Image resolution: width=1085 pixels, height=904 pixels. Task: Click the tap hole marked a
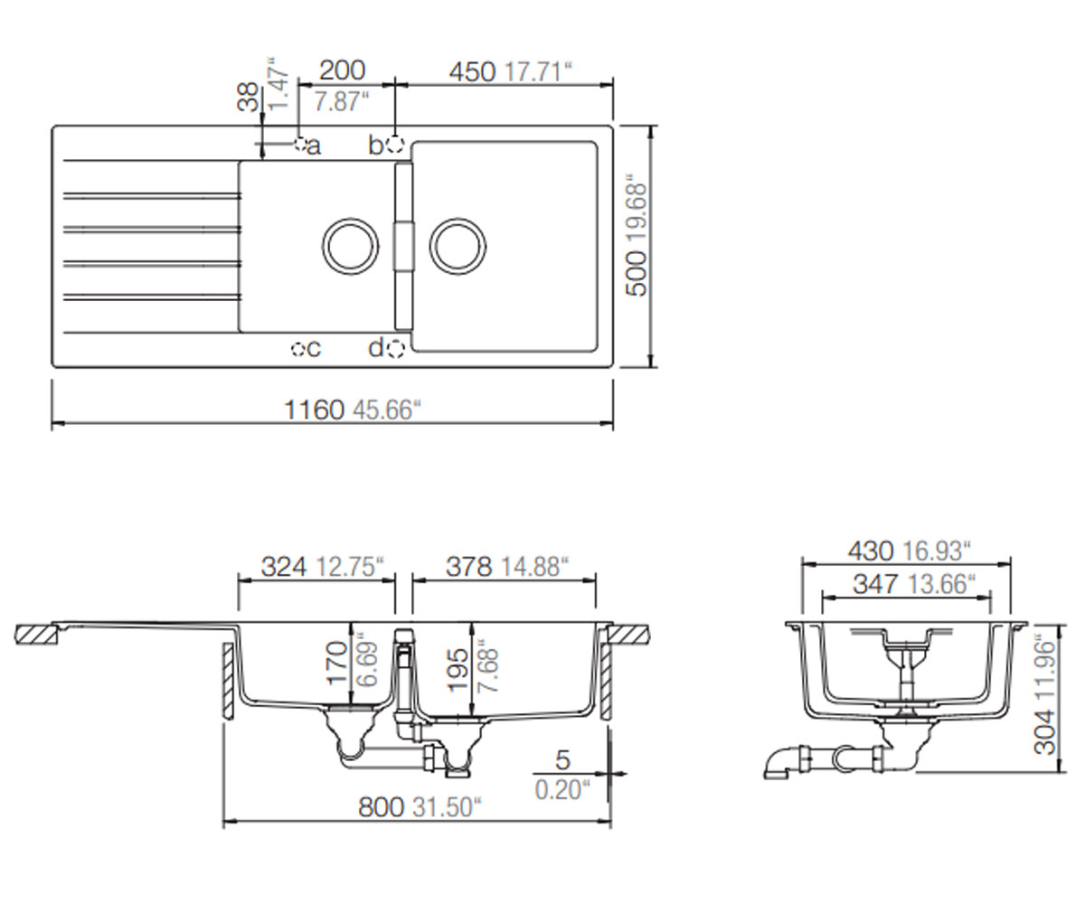point(300,144)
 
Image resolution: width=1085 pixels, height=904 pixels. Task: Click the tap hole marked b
point(395,144)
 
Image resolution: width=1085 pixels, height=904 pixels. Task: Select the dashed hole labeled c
point(298,349)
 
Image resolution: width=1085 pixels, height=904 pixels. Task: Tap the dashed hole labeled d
point(395,349)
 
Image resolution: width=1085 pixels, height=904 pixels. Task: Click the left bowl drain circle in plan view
point(350,246)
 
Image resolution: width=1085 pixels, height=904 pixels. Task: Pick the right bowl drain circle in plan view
point(458,246)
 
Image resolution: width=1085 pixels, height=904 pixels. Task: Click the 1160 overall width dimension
point(314,410)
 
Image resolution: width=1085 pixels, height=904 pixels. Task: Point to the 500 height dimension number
point(637,273)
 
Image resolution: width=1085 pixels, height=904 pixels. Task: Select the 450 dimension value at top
point(472,72)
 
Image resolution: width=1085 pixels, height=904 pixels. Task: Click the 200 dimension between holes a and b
point(342,71)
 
